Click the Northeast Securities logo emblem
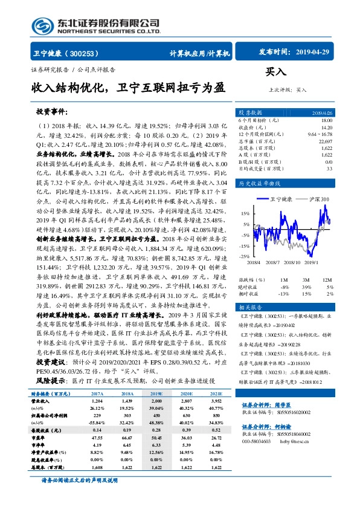[40, 27]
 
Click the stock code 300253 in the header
[91, 53]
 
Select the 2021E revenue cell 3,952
[216, 400]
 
